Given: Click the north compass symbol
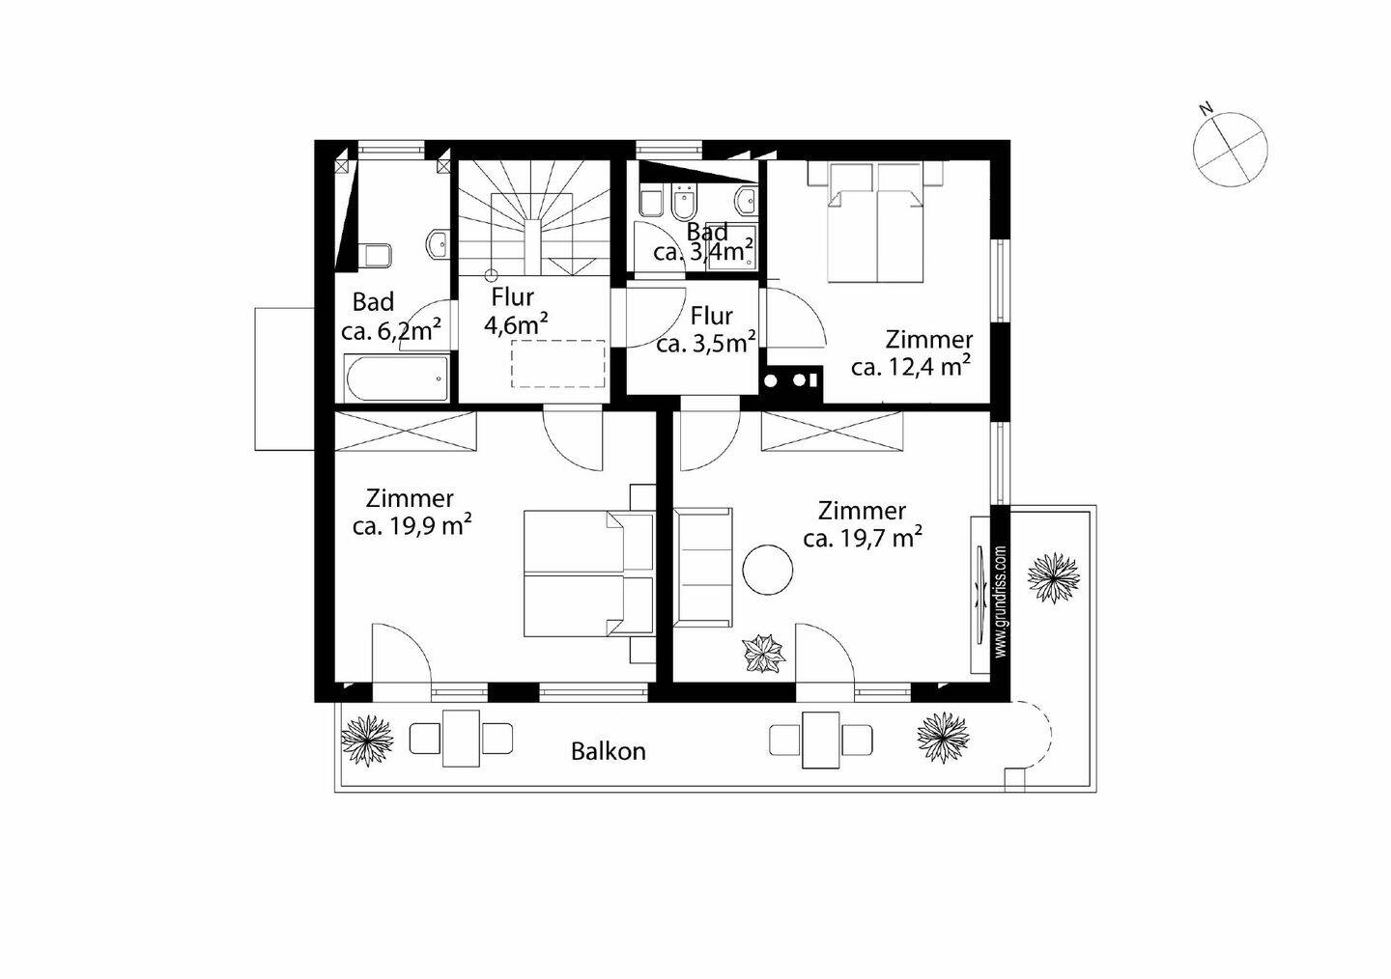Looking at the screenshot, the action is (x=1231, y=149).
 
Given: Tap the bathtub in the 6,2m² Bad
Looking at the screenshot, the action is (x=397, y=378).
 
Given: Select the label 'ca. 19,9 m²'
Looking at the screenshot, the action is (x=412, y=526).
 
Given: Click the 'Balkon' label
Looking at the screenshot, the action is (x=608, y=752).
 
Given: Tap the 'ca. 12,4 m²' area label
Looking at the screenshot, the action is (x=911, y=367).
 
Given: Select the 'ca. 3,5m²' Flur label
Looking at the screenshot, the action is (x=706, y=343).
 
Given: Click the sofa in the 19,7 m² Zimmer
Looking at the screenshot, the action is (x=703, y=566).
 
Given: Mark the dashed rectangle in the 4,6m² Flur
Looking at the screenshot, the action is (x=558, y=363).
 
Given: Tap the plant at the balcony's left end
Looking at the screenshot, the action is (x=368, y=741).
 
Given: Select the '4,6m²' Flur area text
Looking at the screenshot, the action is (x=516, y=324).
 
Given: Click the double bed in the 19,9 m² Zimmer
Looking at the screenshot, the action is (x=590, y=573).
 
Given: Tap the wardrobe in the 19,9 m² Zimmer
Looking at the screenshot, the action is (x=406, y=431).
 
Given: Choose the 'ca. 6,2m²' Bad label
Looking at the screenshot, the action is (x=391, y=330).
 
